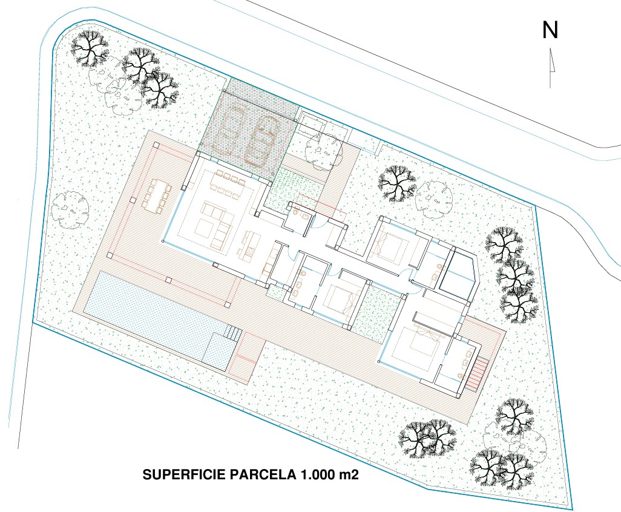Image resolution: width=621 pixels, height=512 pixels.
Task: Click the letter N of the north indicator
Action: tap(550, 30)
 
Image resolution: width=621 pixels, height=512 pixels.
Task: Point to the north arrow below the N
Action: tap(551, 68)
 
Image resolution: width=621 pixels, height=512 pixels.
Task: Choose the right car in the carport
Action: tap(261, 140)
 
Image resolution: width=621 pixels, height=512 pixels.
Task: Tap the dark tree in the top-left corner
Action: tap(90, 48)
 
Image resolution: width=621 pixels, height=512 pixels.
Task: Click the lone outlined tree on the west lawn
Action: tap(70, 209)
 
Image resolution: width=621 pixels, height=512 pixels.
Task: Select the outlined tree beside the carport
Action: tap(323, 151)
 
